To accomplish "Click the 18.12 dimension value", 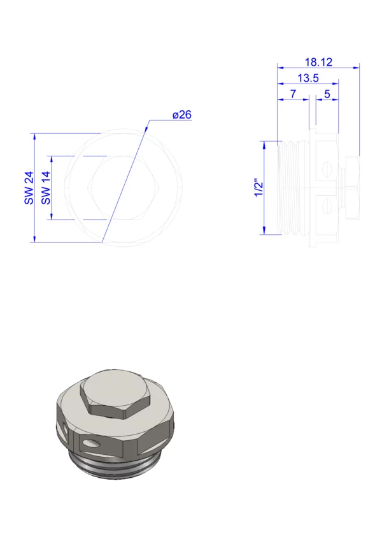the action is coord(318,62).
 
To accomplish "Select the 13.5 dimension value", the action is coord(308,78).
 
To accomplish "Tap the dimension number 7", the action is coord(293,94).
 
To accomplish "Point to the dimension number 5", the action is coord(327,94).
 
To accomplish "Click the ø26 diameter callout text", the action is coord(182,115).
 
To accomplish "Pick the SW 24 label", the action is coord(29,188).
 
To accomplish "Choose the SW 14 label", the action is coord(46,188).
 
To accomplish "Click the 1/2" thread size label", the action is coord(258,188).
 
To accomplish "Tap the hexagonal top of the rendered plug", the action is coord(115,394).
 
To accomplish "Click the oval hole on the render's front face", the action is coord(91,442).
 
